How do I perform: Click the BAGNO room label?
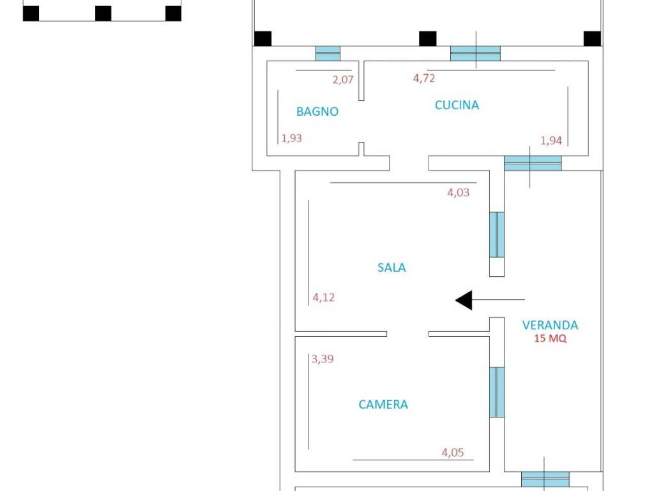click(x=317, y=111)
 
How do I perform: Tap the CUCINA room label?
click(x=457, y=105)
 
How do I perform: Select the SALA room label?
click(x=392, y=267)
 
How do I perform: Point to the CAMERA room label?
click(x=383, y=404)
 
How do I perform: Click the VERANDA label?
click(x=550, y=325)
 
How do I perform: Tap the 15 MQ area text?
click(x=550, y=338)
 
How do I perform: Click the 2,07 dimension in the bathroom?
click(x=343, y=79)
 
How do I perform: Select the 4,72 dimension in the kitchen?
click(x=424, y=78)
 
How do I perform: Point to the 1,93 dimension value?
click(x=291, y=138)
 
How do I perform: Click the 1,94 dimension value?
click(x=551, y=141)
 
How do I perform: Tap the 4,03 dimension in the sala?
click(x=459, y=192)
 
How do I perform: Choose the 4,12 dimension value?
click(x=324, y=297)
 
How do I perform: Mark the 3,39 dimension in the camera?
click(x=323, y=359)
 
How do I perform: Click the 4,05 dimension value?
click(x=453, y=452)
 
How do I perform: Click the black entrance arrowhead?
click(x=464, y=300)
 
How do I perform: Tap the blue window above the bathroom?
click(x=328, y=54)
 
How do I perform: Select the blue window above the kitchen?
click(x=475, y=54)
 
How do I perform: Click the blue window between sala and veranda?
click(x=497, y=235)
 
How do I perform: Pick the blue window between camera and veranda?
click(x=497, y=392)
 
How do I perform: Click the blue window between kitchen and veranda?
click(x=533, y=163)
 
